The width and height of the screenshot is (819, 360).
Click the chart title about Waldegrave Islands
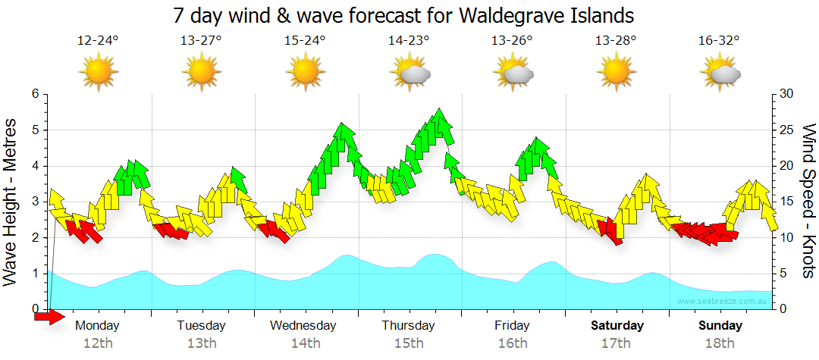tap(403, 15)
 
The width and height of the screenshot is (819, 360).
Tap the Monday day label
tap(98, 326)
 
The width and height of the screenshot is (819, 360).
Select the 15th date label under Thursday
tap(409, 343)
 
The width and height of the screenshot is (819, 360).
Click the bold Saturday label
tap(617, 326)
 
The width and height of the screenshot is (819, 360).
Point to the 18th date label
tap(720, 343)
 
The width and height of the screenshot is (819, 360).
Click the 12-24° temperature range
tap(98, 41)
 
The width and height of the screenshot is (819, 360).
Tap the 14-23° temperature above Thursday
tap(409, 41)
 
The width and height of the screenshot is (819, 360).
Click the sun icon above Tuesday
tap(202, 73)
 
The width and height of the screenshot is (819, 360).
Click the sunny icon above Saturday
tap(617, 73)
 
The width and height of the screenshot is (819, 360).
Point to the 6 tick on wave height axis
tap(35, 94)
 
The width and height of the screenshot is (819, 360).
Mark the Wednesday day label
tap(303, 326)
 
